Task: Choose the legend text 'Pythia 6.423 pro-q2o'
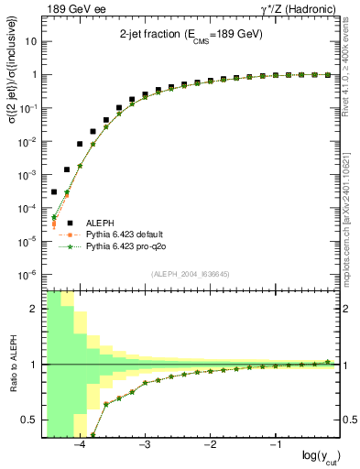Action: [125, 246]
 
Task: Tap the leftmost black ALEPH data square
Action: [53, 191]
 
